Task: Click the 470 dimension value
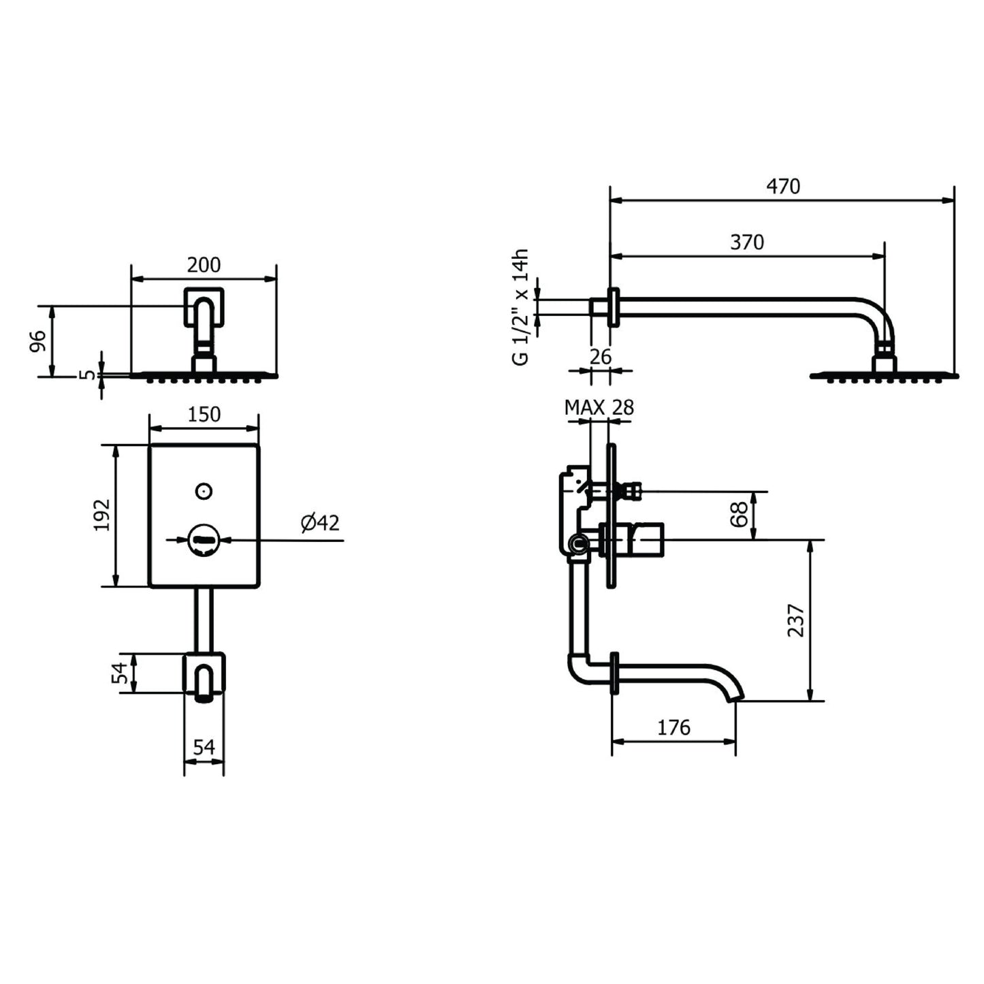click(783, 187)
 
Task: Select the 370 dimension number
click(747, 242)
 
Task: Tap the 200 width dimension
click(204, 265)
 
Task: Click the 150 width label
click(204, 414)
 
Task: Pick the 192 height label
click(101, 515)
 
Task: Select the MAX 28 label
click(599, 407)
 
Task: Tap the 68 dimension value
click(739, 514)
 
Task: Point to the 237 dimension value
click(796, 621)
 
